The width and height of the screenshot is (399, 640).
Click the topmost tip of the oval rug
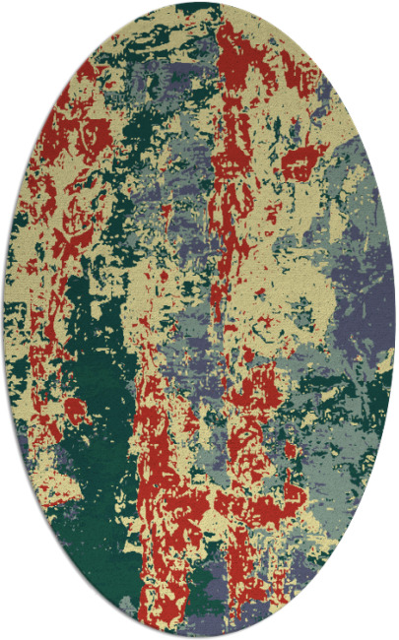click(199, 3)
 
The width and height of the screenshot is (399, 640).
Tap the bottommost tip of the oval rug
click(199, 637)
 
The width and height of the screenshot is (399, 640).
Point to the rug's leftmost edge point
click(3, 320)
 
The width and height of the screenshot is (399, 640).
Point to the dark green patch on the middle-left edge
click(20, 325)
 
